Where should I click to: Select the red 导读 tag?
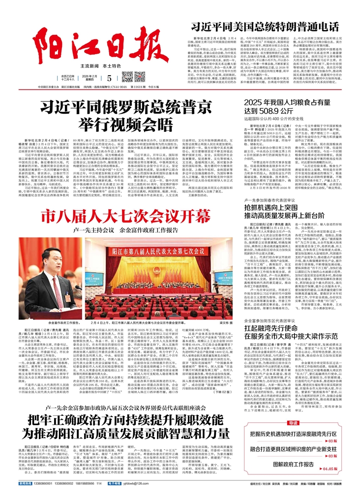(x=294, y=422)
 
